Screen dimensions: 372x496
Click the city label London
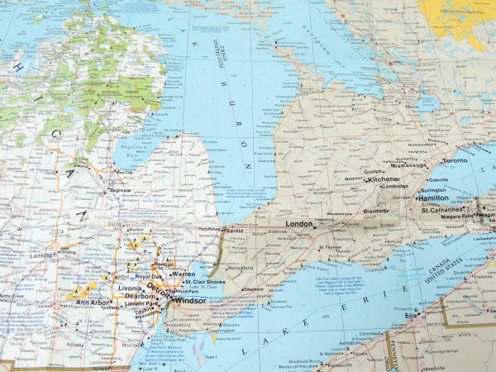[x=299, y=224]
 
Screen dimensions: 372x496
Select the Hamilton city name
[x=432, y=198]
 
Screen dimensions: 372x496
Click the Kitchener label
[x=384, y=179]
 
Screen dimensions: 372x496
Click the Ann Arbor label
[x=93, y=302]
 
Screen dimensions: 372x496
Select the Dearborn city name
[x=141, y=295]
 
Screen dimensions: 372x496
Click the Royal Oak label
[x=150, y=276]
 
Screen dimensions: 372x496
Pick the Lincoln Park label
[x=143, y=303]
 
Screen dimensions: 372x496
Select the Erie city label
[x=411, y=315]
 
